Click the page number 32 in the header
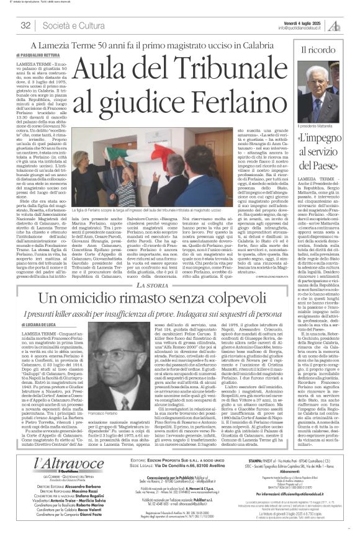point(25,24)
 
